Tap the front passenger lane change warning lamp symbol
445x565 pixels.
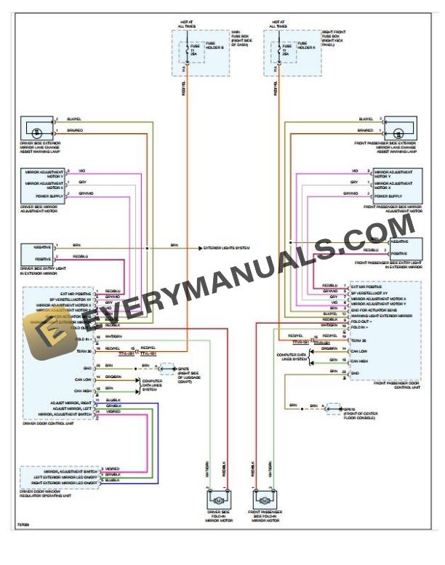[399, 130]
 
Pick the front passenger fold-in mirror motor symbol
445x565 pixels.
[263, 501]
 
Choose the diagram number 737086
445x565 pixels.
[24, 524]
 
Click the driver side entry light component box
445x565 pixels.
[36, 252]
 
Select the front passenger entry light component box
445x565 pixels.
[405, 247]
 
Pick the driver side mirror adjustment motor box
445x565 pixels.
[43, 185]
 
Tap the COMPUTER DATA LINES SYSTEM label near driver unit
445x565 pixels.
[151, 384]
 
